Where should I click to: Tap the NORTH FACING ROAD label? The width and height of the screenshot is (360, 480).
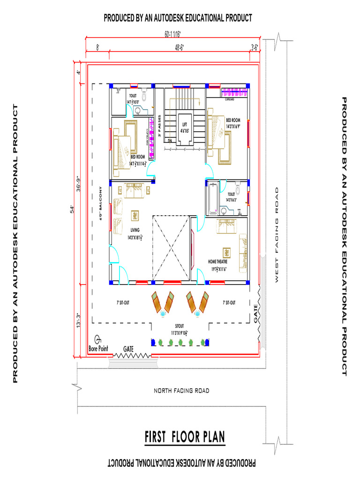182,390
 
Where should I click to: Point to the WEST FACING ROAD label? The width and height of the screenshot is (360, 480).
277,234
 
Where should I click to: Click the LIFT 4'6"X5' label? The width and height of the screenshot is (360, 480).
184,127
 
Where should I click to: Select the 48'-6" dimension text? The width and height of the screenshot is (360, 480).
180,47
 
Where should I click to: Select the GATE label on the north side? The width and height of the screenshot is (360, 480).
128,349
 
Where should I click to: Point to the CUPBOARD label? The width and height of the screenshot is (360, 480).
230,99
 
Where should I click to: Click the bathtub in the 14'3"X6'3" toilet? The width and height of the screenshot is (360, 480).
211,200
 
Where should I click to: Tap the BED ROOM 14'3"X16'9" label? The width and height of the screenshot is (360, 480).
233,123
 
